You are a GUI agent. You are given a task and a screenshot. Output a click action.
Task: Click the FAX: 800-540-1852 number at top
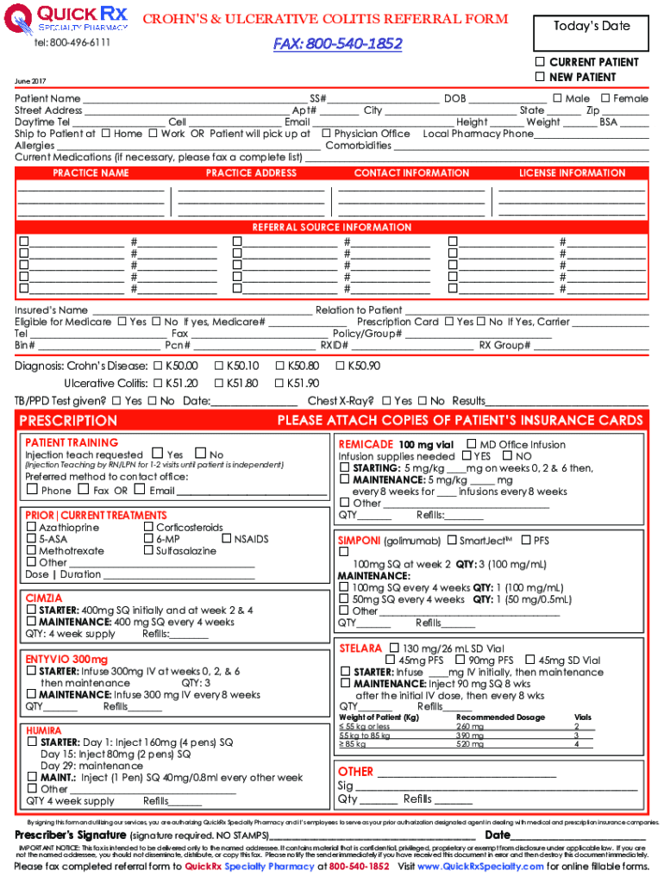coord(338,44)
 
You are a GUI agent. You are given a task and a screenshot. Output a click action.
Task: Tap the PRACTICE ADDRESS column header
coord(251,173)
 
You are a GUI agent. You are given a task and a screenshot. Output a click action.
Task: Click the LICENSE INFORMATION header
coord(572,173)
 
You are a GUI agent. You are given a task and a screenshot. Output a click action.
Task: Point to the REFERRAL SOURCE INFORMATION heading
coord(332,228)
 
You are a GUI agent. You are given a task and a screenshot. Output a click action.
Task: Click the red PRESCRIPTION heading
coord(68,421)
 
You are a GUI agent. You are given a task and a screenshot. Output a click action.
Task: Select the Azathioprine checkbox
coord(32,527)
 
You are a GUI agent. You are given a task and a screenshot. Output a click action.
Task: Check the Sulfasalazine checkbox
coord(148,550)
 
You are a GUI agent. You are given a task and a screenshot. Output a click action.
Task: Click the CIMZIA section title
coord(44,598)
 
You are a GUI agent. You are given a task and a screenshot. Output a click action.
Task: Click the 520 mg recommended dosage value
coord(470,744)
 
